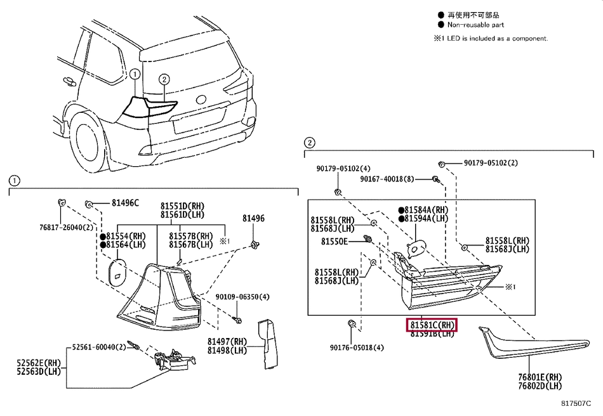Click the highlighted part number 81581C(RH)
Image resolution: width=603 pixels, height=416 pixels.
432,325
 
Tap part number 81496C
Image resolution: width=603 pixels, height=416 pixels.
125,203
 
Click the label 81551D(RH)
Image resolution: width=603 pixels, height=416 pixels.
183,206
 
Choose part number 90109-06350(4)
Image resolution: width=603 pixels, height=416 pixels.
242,297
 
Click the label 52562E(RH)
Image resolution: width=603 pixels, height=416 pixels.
39,363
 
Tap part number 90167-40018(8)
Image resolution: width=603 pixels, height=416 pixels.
387,179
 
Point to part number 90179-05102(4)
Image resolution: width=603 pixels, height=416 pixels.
343,169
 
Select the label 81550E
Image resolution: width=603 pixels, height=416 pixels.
334,242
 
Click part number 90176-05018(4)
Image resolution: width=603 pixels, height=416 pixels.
357,348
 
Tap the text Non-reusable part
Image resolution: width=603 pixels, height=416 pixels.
475,25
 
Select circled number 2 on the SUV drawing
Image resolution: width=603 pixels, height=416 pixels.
164,79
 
